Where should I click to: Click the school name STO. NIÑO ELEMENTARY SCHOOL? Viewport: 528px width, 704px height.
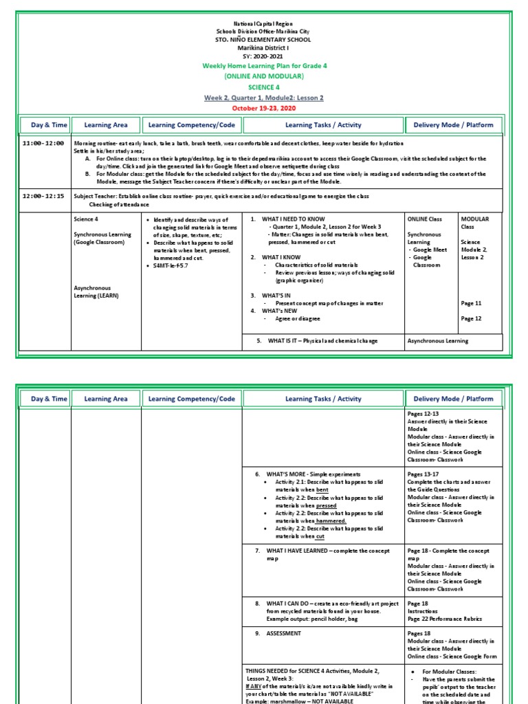[264, 40]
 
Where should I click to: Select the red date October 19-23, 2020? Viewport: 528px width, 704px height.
[264, 108]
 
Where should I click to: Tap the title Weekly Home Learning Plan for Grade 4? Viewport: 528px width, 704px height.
[264, 65]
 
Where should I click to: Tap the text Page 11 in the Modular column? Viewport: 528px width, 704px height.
[471, 303]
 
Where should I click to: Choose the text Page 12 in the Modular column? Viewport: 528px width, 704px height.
[471, 318]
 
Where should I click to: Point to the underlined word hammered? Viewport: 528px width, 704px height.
[331, 521]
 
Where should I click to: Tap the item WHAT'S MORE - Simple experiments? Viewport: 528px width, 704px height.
[313, 474]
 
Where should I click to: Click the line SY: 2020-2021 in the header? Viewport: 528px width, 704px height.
[264, 56]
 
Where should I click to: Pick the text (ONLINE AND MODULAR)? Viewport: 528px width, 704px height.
[264, 76]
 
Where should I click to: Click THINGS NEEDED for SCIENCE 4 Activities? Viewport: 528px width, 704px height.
[312, 670]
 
